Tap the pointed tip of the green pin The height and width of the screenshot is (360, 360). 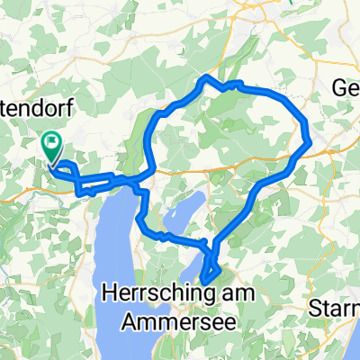[52, 164]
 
